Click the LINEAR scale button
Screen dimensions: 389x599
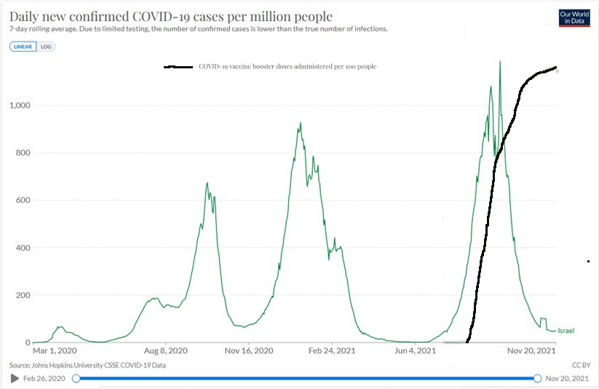pyautogui.click(x=23, y=47)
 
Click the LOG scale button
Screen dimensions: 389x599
pyautogui.click(x=46, y=47)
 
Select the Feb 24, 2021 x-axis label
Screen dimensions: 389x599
pyautogui.click(x=331, y=350)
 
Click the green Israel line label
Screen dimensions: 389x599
pyautogui.click(x=566, y=331)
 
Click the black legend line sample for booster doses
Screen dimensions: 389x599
pyautogui.click(x=179, y=67)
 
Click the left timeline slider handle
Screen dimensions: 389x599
pyautogui.click(x=76, y=378)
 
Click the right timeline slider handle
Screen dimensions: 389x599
pyautogui.click(x=537, y=378)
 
